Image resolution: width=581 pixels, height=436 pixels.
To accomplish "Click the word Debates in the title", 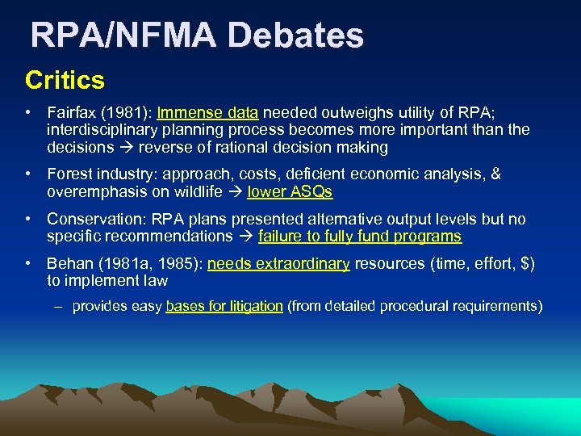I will point(295,36).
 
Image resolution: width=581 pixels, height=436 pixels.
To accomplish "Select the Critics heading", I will point(65,80).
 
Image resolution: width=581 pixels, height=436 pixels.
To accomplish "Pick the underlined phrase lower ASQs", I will point(290,192).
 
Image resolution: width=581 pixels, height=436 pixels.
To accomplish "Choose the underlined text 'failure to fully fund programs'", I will point(360,237).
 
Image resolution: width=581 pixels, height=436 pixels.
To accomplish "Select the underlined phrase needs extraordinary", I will point(278,263).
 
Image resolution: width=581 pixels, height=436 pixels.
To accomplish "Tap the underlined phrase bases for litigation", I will point(224,306).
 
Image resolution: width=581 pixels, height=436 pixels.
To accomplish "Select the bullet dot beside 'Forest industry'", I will point(29,174).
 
